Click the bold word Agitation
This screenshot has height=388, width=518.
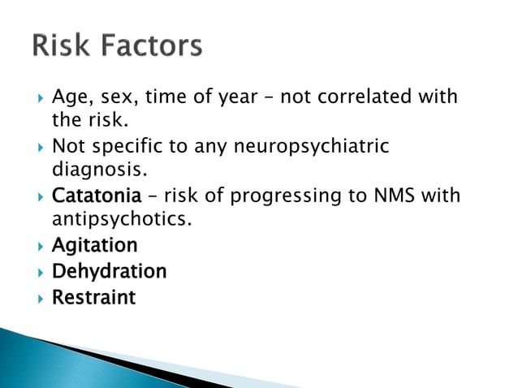tap(94, 246)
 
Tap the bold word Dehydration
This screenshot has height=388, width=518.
tap(109, 271)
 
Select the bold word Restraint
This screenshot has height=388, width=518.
tap(93, 297)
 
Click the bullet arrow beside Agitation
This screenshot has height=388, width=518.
tap(37, 246)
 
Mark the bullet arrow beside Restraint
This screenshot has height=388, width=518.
tap(37, 298)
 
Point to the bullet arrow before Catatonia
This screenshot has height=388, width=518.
tap(37, 197)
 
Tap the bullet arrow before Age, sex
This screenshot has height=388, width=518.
tap(37, 98)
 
